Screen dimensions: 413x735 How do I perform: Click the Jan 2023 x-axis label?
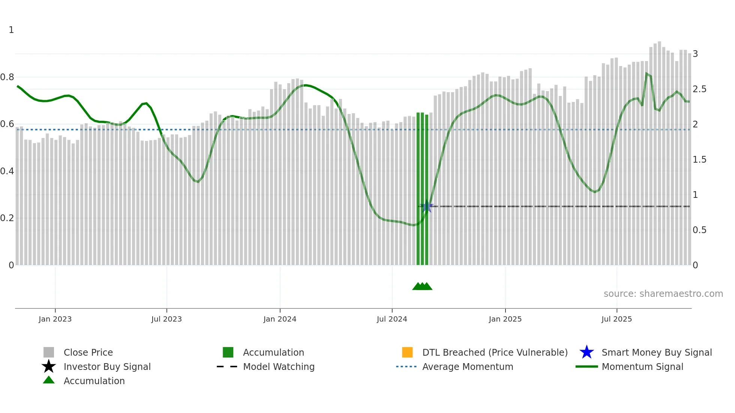point(55,319)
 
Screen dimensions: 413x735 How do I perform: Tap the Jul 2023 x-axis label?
point(166,319)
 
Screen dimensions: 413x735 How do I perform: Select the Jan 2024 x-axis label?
point(280,319)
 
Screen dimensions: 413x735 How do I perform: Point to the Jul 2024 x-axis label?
point(392,319)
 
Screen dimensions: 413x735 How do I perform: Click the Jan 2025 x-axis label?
point(505,319)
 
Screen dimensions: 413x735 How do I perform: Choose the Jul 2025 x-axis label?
point(616,319)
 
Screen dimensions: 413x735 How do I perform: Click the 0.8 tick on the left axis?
point(7,77)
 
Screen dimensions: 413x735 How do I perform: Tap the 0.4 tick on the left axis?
point(7,171)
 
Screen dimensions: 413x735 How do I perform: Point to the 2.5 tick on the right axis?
point(699,89)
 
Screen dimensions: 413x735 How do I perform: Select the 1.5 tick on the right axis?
point(699,160)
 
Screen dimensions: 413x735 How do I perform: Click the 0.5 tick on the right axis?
point(699,230)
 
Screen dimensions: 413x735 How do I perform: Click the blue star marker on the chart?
point(427,206)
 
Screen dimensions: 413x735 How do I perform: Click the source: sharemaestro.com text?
point(663,294)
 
